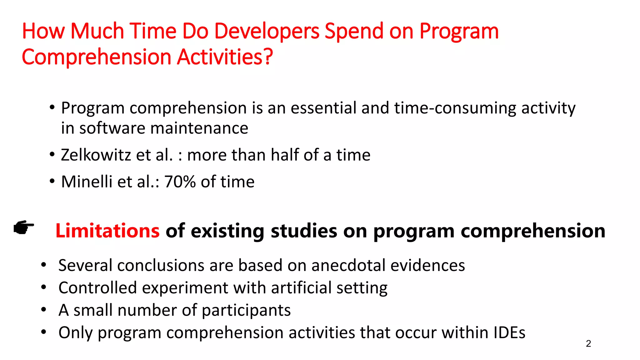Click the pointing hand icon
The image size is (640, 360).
[x=24, y=227]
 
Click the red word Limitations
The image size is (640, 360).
[x=107, y=231]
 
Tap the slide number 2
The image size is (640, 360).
[x=588, y=343]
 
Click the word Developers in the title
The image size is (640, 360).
[x=267, y=32]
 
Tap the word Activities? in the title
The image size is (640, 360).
[x=225, y=57]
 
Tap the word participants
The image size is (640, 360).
[x=246, y=311]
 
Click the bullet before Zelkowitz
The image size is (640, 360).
[x=52, y=154]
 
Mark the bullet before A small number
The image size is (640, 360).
[x=44, y=310]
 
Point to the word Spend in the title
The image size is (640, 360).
[x=354, y=32]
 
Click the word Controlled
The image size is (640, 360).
[x=97, y=288]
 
